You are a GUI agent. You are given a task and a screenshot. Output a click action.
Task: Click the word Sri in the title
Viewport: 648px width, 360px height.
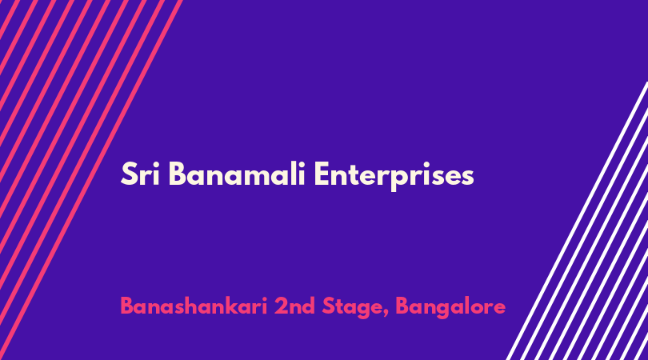pyautogui.click(x=140, y=174)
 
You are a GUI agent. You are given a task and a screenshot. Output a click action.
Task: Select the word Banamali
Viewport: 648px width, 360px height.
pyautogui.click(x=237, y=174)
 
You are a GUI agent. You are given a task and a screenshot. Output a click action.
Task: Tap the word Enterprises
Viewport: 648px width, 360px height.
pyautogui.click(x=394, y=177)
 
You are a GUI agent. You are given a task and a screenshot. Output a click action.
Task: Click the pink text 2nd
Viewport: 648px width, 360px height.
pyautogui.click(x=294, y=306)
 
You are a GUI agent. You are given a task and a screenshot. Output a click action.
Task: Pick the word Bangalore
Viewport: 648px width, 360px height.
pyautogui.click(x=450, y=308)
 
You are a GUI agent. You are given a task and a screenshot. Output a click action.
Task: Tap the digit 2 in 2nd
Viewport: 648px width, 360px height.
pyautogui.click(x=281, y=306)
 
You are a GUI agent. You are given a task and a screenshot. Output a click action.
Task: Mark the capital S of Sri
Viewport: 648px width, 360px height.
pyautogui.click(x=129, y=174)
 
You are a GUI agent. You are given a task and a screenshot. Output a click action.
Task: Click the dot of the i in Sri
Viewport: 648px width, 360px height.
pyautogui.click(x=156, y=165)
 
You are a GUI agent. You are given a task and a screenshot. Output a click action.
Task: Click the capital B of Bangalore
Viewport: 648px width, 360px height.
pyautogui.click(x=402, y=306)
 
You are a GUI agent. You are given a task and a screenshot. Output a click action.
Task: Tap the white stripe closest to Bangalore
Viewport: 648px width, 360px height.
pyautogui.click(x=578, y=221)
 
